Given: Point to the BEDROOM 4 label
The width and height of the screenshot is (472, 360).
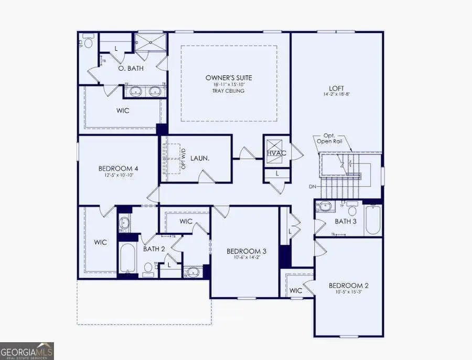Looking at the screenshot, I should [x=118, y=168].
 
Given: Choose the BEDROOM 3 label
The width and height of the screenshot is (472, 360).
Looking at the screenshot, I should [x=244, y=250].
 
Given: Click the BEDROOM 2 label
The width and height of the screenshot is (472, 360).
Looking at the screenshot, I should [x=348, y=286].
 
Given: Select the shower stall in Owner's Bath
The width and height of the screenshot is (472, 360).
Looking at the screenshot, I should [x=150, y=42].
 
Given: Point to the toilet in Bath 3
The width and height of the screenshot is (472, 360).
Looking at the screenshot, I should [x=352, y=211].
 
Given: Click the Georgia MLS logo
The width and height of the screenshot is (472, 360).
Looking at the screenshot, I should [x=27, y=351].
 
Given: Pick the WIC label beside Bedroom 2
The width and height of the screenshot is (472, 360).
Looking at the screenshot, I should [x=296, y=290].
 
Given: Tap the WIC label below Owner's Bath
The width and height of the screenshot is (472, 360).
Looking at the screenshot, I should [x=122, y=111].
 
